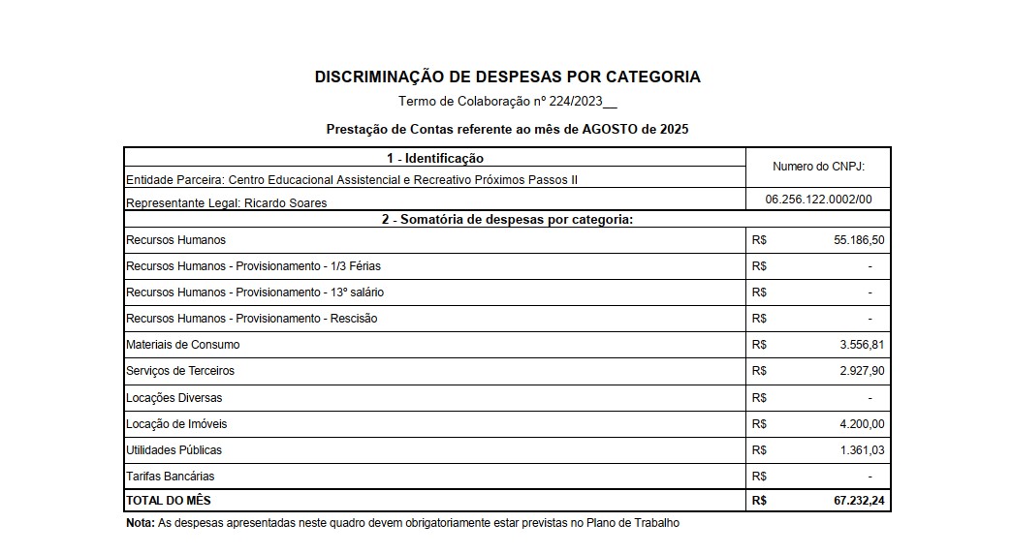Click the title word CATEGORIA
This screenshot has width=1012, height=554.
point(648,77)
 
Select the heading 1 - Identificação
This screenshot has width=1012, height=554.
point(434,158)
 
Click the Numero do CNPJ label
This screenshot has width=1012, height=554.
point(817,167)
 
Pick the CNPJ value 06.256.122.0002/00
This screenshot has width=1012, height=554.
point(818,199)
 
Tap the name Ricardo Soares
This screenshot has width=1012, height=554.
point(286,202)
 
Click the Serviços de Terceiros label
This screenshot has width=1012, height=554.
point(180,371)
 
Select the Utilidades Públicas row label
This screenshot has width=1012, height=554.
point(174,450)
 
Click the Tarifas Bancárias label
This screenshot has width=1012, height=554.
point(171,477)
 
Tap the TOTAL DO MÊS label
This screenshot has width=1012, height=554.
point(169,501)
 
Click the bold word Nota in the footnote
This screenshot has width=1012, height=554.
point(140,523)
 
